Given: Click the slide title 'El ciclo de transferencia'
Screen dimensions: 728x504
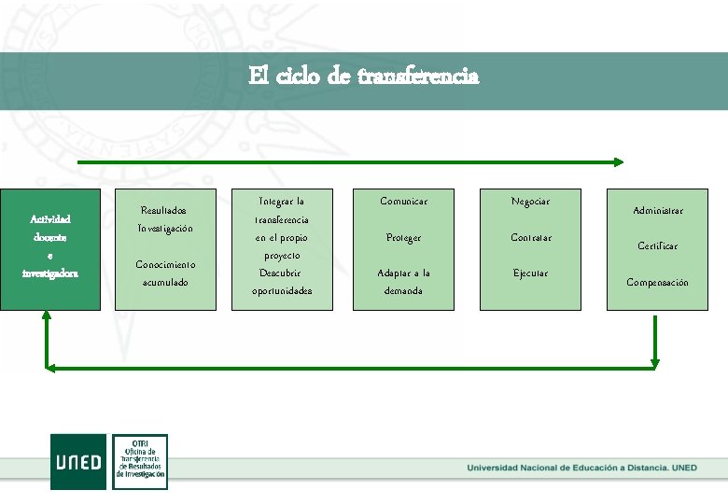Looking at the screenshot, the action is coord(364,76).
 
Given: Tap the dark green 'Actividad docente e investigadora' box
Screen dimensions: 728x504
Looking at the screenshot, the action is coord(51,247).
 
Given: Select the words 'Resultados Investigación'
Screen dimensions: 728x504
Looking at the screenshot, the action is coord(164,219).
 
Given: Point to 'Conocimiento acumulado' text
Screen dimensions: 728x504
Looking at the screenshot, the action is coord(164,273).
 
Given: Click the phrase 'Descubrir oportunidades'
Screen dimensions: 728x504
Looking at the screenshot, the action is coord(281,282).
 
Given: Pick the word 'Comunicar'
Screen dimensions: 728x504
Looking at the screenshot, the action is coord(404,202).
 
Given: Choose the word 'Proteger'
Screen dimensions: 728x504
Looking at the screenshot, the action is coord(404,238).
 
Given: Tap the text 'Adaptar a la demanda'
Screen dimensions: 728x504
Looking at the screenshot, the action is coord(404,282).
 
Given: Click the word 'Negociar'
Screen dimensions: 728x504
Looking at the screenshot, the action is coord(530,202).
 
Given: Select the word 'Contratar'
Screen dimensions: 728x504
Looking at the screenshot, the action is coord(530,238).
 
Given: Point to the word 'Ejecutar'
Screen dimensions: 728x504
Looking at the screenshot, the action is coord(530,273).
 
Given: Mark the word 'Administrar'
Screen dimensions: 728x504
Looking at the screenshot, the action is coord(657,211).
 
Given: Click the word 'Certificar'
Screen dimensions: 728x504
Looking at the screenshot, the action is coord(657,246).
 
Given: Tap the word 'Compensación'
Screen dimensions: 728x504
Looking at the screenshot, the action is coord(657,283).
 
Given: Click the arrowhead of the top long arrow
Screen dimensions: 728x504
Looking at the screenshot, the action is coord(618,161).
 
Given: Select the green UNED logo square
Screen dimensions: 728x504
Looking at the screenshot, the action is coord(78,461).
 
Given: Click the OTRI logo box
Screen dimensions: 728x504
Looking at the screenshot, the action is coord(140,461).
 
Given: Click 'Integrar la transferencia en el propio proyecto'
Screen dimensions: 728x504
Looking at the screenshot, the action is coord(281,228).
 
